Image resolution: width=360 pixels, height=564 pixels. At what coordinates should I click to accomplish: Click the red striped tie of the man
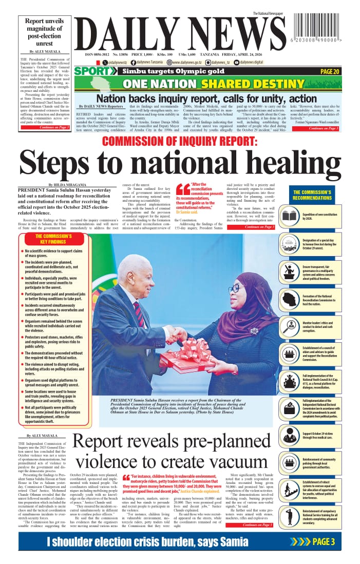(x=139, y=313)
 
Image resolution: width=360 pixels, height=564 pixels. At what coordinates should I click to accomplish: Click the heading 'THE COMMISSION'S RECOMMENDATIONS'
(x=315, y=195)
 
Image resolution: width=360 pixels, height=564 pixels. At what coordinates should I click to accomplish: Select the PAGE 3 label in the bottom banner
(x=324, y=541)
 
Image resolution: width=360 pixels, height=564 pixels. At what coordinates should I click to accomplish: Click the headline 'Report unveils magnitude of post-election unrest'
(x=44, y=32)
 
